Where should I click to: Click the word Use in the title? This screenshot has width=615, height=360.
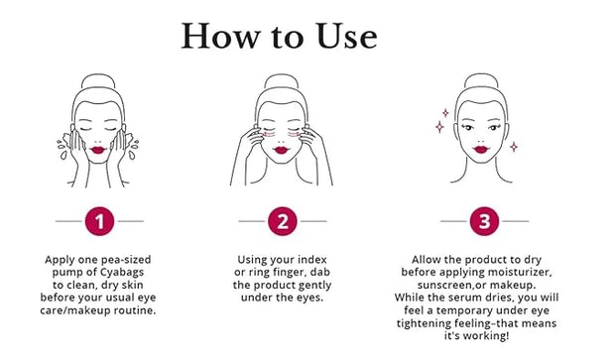(x=346, y=36)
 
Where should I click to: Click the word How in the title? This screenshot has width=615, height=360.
(x=220, y=36)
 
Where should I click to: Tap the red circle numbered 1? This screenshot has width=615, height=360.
(x=99, y=221)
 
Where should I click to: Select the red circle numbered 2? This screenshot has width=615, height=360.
(x=283, y=221)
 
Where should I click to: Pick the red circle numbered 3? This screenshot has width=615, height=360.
(x=484, y=221)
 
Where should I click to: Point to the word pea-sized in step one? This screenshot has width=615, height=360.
(x=126, y=260)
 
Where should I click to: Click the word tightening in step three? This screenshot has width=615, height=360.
(x=424, y=323)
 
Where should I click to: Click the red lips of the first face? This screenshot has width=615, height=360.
(x=98, y=150)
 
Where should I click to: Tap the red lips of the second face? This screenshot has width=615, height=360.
(x=282, y=150)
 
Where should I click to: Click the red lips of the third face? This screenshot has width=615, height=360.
(x=481, y=149)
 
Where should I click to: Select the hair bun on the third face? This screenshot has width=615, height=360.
(x=481, y=80)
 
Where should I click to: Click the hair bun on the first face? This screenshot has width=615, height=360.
(x=98, y=80)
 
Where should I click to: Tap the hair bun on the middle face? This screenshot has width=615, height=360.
(x=282, y=80)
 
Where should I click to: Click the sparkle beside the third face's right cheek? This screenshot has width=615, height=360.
(x=514, y=147)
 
